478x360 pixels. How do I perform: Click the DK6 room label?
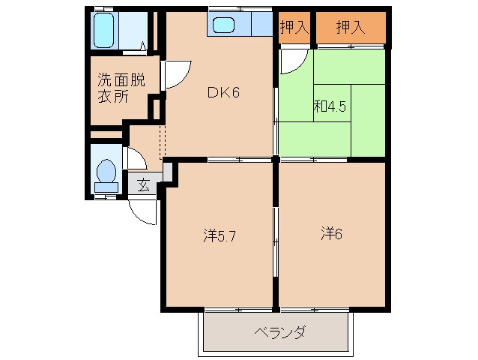coord(223,93)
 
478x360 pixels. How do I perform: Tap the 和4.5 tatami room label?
coord(329,106)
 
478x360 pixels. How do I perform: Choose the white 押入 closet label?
coord(294,28)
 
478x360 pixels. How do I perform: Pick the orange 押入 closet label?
coord(350,28)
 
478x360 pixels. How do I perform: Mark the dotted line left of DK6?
coord(160,139)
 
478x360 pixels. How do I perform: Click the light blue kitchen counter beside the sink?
coord(260,25)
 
